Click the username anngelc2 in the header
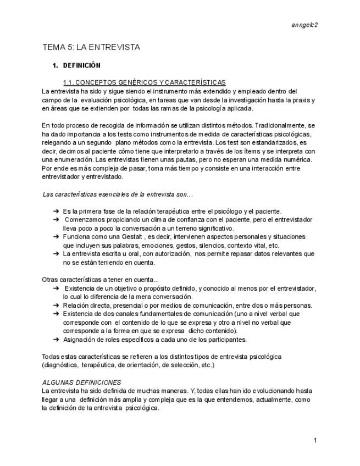click(x=305, y=25)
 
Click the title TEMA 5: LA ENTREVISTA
click(x=91, y=47)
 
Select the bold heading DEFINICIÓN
click(x=82, y=65)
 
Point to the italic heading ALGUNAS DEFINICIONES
click(x=82, y=382)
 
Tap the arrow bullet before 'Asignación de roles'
click(x=56, y=340)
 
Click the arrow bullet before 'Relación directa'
click(x=56, y=305)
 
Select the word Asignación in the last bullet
click(x=81, y=340)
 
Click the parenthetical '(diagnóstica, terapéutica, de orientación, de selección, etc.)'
click(x=128, y=365)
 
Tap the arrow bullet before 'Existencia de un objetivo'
click(x=56, y=288)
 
